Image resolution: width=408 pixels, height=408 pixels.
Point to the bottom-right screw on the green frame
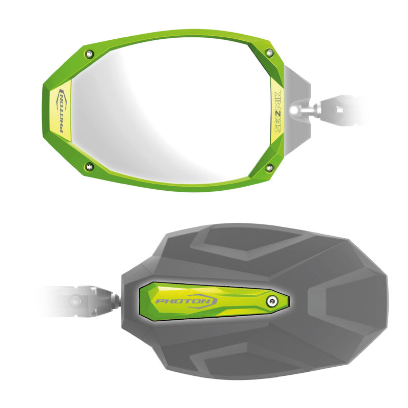pos(269,168)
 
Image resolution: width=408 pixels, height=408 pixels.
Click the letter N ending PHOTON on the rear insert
pos(207,301)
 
